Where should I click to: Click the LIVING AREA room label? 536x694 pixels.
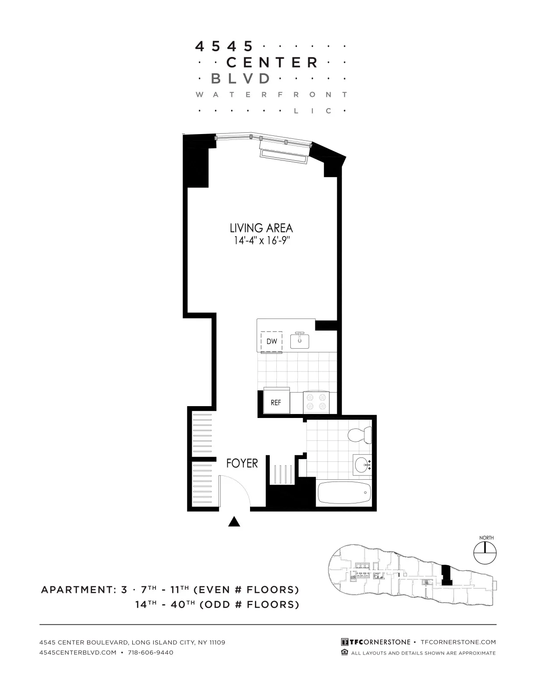point(261,228)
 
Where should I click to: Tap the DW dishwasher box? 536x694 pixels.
point(272,341)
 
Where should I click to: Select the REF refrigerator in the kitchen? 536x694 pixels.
point(276,402)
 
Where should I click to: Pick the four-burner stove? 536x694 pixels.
point(316,402)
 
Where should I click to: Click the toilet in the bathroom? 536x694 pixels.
point(360,435)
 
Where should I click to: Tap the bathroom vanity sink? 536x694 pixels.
point(362,465)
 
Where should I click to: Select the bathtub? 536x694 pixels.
point(344,492)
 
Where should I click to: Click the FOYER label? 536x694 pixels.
point(242,464)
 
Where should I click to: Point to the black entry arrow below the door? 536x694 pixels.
point(235,521)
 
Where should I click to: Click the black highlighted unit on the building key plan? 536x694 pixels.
point(446,575)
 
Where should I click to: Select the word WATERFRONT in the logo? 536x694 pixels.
point(271,95)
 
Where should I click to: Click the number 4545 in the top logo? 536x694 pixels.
point(224,46)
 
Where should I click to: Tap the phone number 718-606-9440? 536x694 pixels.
point(151,652)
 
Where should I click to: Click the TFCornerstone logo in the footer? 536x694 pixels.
point(376,642)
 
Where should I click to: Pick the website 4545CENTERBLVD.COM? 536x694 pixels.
point(78,652)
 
